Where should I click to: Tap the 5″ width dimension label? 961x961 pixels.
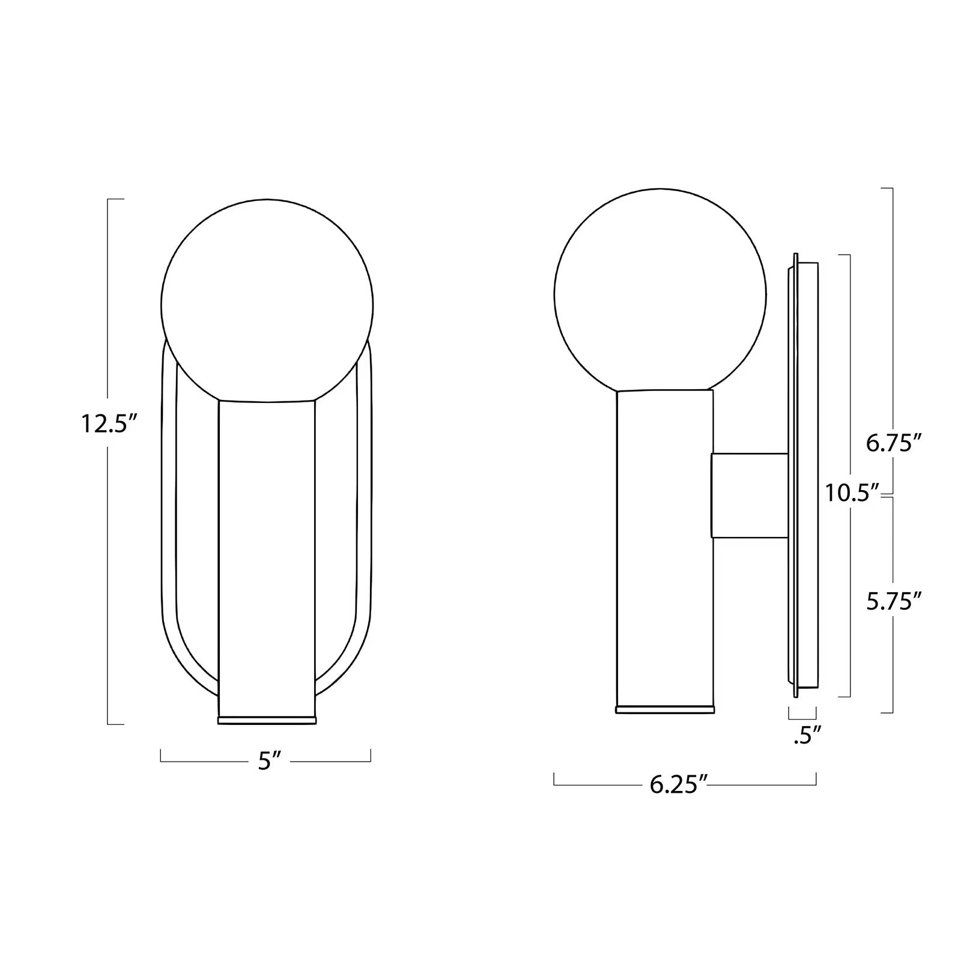[x=266, y=761]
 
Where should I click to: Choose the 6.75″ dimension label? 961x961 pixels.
[x=893, y=444]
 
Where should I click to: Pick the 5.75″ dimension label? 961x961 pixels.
[x=893, y=601]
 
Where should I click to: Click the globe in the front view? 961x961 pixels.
[x=267, y=305]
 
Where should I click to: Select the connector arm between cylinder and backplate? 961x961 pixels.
[x=749, y=496]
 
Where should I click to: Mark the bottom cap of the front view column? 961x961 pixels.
[x=267, y=720]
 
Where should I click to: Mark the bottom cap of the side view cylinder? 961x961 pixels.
[x=665, y=709]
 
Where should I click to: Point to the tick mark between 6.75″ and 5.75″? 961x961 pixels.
[x=888, y=495]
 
